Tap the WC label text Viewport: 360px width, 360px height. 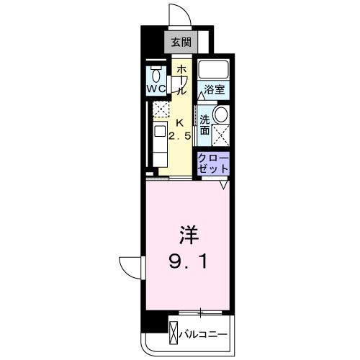click(x=157, y=89)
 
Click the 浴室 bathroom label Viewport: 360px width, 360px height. click(x=214, y=90)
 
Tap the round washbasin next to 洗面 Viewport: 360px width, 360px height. click(x=222, y=115)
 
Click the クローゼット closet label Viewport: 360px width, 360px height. click(x=214, y=162)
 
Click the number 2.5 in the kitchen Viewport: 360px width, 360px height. click(x=180, y=135)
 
